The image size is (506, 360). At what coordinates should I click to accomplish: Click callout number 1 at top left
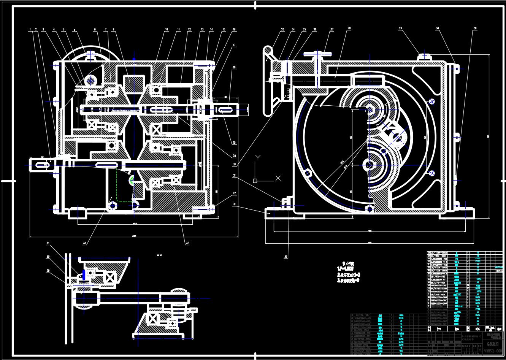tap(30, 29)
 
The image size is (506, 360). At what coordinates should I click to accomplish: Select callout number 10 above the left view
tap(166, 29)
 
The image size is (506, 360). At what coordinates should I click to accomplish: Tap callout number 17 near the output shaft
tap(234, 45)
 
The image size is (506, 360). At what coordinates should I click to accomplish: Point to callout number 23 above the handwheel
tap(282, 29)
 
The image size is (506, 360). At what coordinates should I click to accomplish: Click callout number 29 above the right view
tap(401, 29)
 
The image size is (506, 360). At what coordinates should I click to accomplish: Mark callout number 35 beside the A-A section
tap(48, 257)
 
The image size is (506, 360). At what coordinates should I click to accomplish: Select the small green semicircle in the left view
tap(132, 181)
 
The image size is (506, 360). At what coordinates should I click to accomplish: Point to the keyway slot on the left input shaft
tap(42, 165)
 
